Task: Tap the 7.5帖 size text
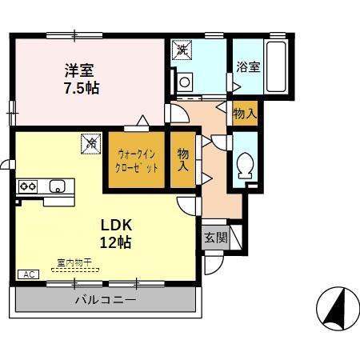tap(82, 88)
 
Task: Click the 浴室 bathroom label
tap(247, 66)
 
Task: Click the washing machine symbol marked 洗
tap(183, 50)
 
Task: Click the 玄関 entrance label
tap(215, 238)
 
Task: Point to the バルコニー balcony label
tap(106, 300)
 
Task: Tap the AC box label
tap(28, 274)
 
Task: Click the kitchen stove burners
tap(29, 186)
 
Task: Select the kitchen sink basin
tap(57, 186)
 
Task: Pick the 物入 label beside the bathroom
tap(245, 114)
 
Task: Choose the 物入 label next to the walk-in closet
tap(183, 159)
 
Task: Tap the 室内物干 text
tap(74, 262)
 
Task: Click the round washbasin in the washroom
tap(186, 81)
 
